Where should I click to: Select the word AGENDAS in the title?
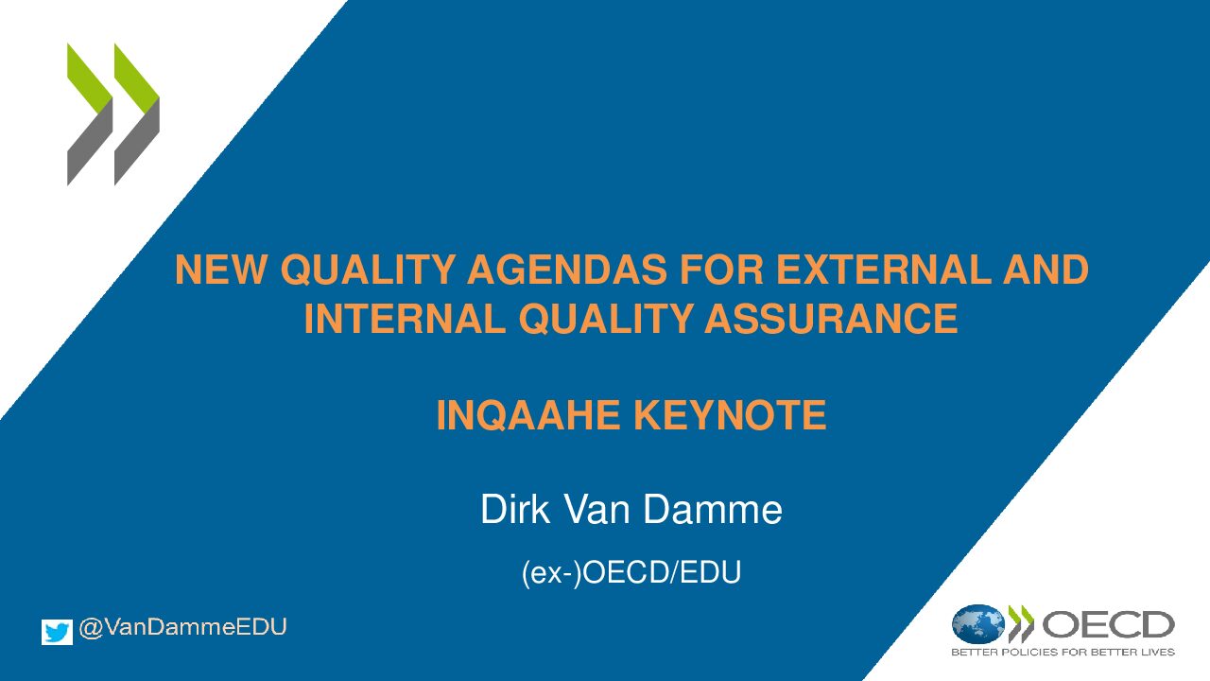[566, 270]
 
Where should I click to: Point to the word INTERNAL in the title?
[405, 319]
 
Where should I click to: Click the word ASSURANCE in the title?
[831, 319]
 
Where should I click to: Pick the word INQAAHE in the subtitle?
[527, 415]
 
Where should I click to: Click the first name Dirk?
[515, 509]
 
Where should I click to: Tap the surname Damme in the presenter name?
[713, 509]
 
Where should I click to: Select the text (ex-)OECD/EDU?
[631, 572]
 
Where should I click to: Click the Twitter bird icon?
[57, 632]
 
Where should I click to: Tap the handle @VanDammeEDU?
[182, 627]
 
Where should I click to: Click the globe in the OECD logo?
[978, 623]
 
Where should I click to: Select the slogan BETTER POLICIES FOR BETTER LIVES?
[1063, 653]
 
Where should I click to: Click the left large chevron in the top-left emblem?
[90, 114]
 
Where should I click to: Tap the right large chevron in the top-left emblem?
[137, 114]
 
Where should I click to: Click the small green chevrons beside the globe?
[1021, 623]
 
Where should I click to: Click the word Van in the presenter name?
[597, 509]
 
